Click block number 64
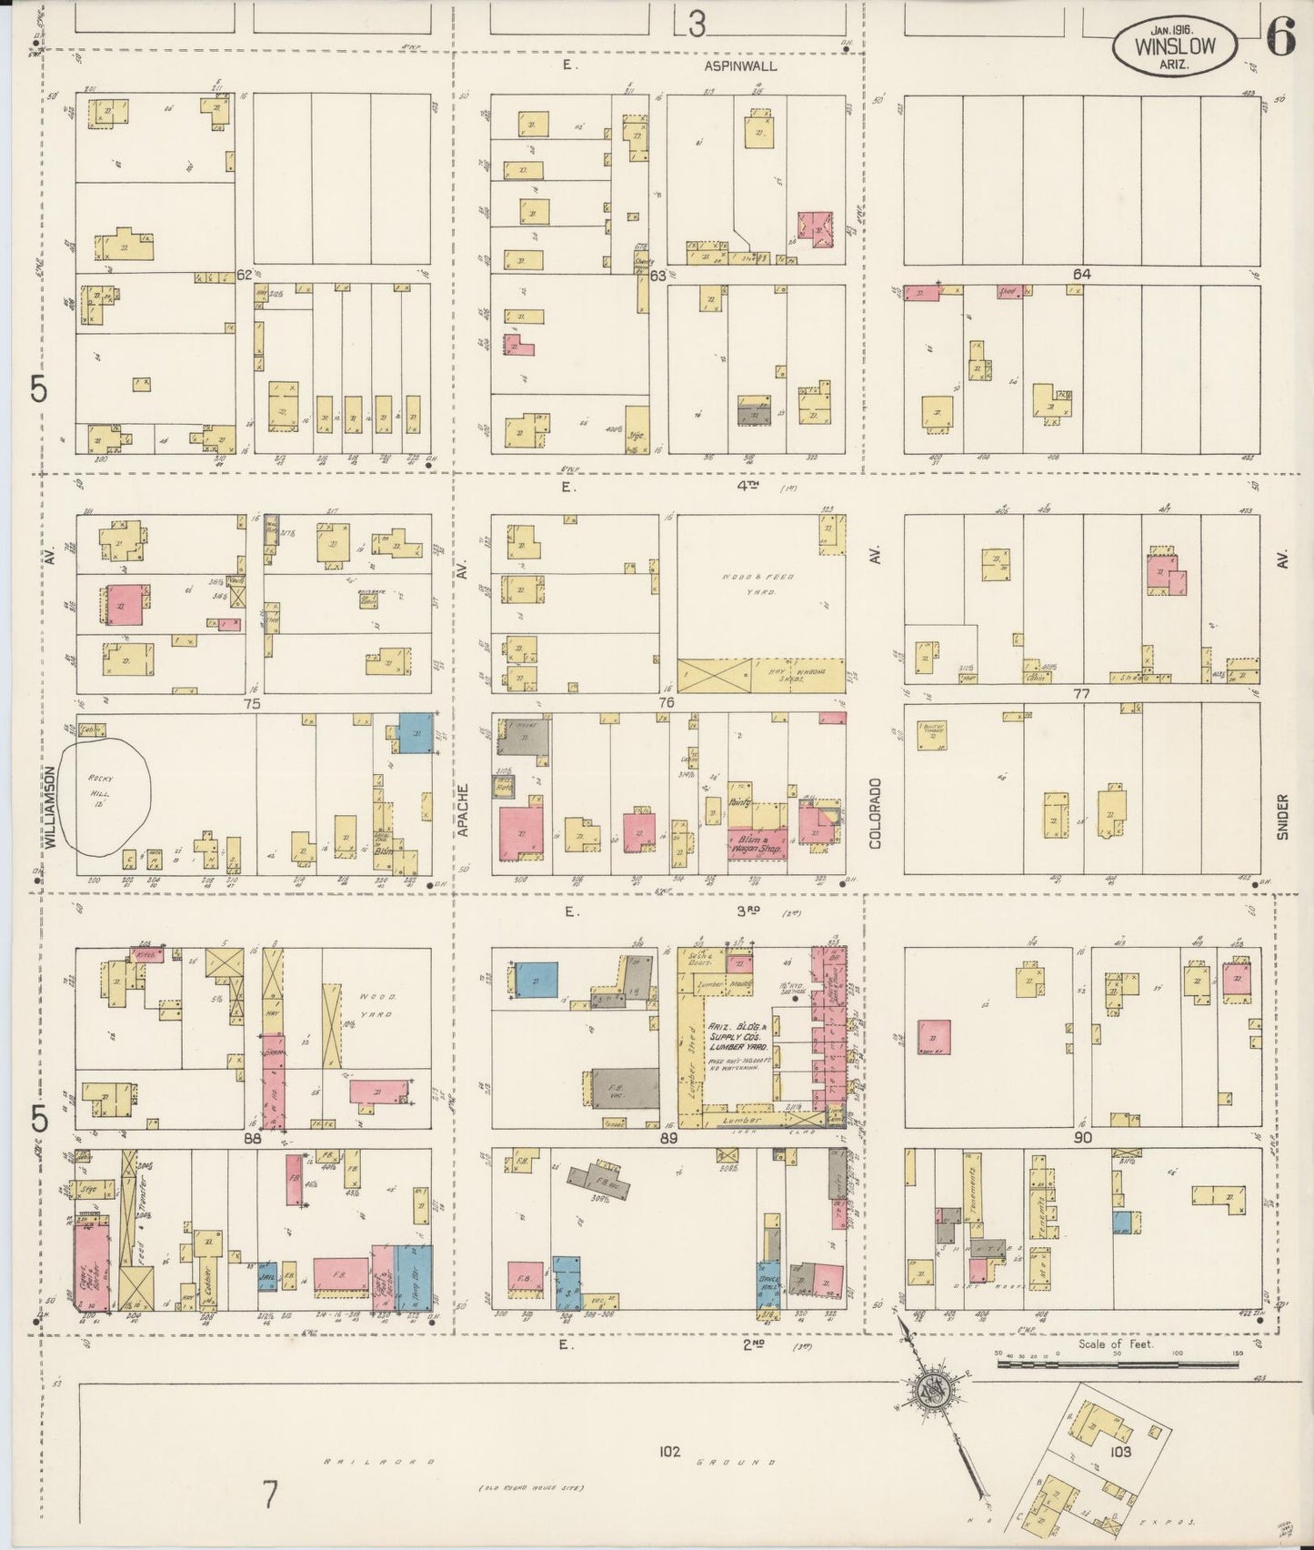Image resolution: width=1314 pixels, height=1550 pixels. pyautogui.click(x=1081, y=274)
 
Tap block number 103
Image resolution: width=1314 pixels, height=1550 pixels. pyautogui.click(x=1120, y=1452)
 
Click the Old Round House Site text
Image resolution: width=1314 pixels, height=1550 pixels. pyautogui.click(x=533, y=1489)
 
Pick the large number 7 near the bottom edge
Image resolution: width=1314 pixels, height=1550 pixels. pyautogui.click(x=269, y=1495)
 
